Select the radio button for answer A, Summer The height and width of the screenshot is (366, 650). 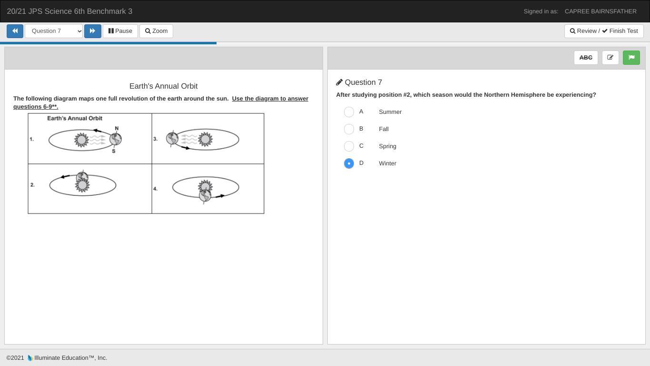(x=349, y=112)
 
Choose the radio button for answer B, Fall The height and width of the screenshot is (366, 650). (x=349, y=129)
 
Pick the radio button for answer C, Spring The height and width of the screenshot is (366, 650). (x=349, y=146)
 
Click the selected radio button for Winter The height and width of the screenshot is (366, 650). (x=349, y=163)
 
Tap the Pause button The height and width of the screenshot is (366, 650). (x=120, y=31)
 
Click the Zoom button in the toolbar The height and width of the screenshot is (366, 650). (x=156, y=31)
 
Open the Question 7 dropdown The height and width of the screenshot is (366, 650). (x=54, y=31)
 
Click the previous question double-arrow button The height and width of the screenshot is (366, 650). (x=15, y=31)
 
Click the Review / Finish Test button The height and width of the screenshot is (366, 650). (x=604, y=31)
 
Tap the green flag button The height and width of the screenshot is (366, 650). (x=631, y=58)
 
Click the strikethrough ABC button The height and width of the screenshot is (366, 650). (x=586, y=58)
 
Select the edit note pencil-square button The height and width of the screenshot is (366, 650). (x=610, y=58)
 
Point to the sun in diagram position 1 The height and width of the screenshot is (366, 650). (x=81, y=140)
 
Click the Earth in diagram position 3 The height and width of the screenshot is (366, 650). (x=172, y=138)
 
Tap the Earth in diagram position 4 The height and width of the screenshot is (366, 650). (x=205, y=195)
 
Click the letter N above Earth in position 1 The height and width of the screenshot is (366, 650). (x=117, y=128)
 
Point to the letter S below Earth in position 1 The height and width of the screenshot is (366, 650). (x=113, y=151)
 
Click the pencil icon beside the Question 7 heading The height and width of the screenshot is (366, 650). (x=339, y=82)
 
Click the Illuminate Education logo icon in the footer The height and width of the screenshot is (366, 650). (x=30, y=358)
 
